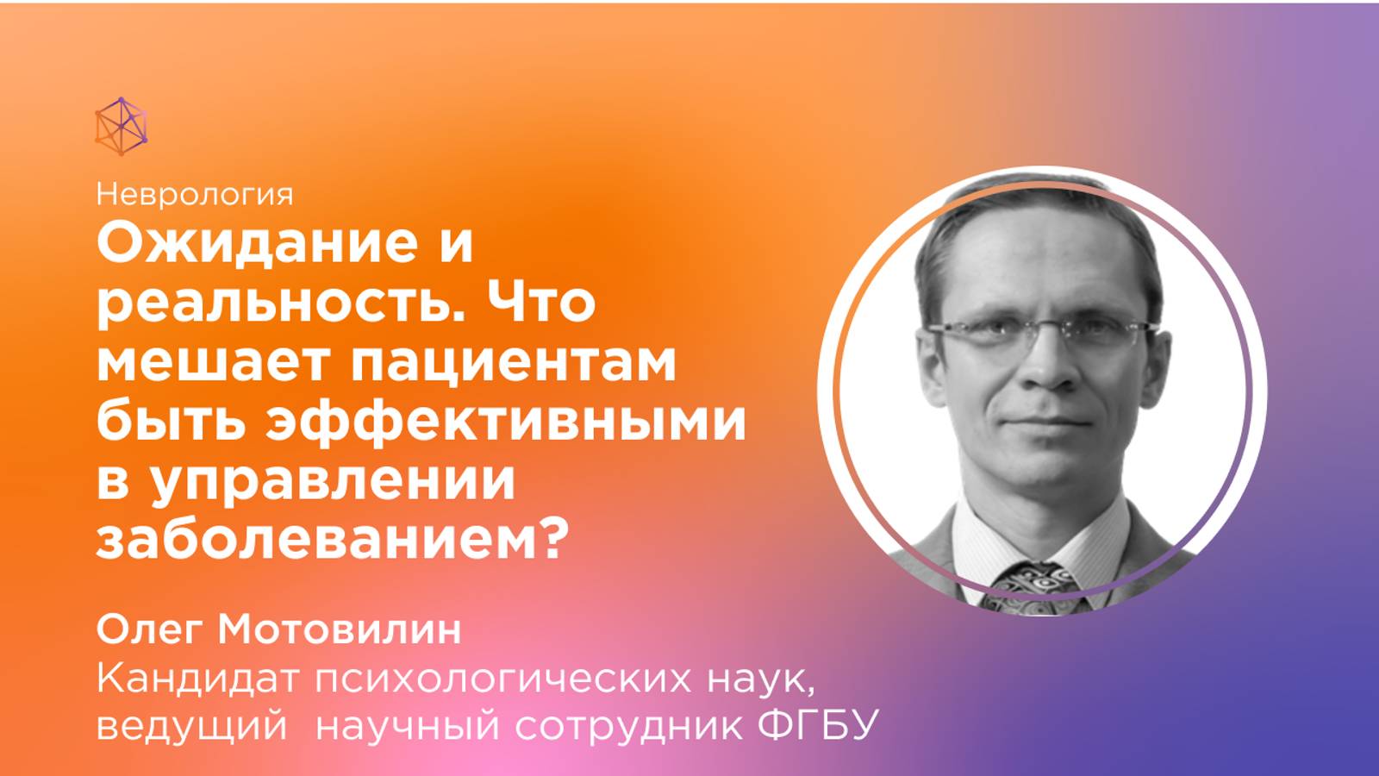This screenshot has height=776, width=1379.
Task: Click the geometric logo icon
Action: tap(121, 127)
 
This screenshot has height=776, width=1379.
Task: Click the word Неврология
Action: tap(195, 194)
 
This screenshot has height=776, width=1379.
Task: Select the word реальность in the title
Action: tap(281, 304)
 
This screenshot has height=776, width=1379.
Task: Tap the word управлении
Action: tap(332, 481)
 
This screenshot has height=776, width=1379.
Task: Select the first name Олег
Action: tap(150, 630)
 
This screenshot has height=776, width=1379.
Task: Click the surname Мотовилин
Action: tap(340, 630)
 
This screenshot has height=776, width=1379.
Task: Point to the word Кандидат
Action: tap(197, 679)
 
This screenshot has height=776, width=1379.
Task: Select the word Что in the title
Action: tap(541, 304)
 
